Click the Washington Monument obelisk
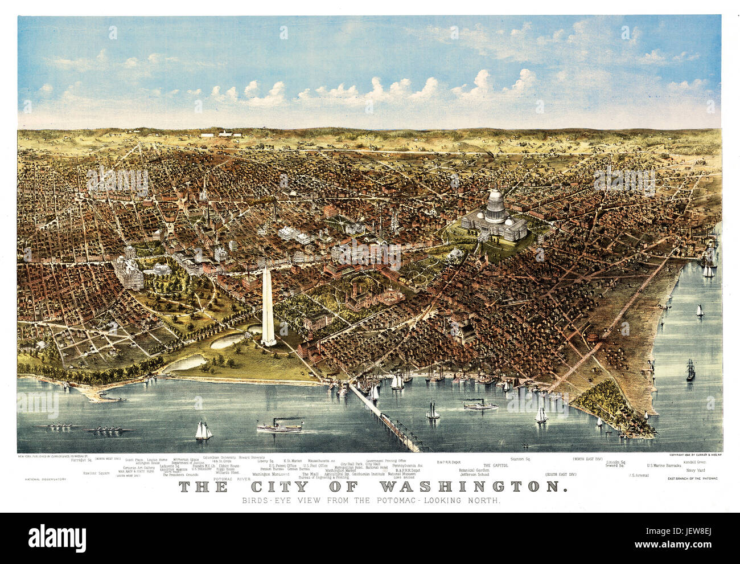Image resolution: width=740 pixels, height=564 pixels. pos(268,308)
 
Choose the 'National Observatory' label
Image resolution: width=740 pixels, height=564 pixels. pos(46,479)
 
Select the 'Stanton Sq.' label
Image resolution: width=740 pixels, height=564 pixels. pos(520,459)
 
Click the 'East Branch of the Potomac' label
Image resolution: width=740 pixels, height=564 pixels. pos(692,479)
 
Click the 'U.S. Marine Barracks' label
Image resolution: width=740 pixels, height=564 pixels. pos(663,465)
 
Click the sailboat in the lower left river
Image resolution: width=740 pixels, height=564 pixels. pos(203,431)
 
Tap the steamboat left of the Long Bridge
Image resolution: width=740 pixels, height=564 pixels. pos(279,426)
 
